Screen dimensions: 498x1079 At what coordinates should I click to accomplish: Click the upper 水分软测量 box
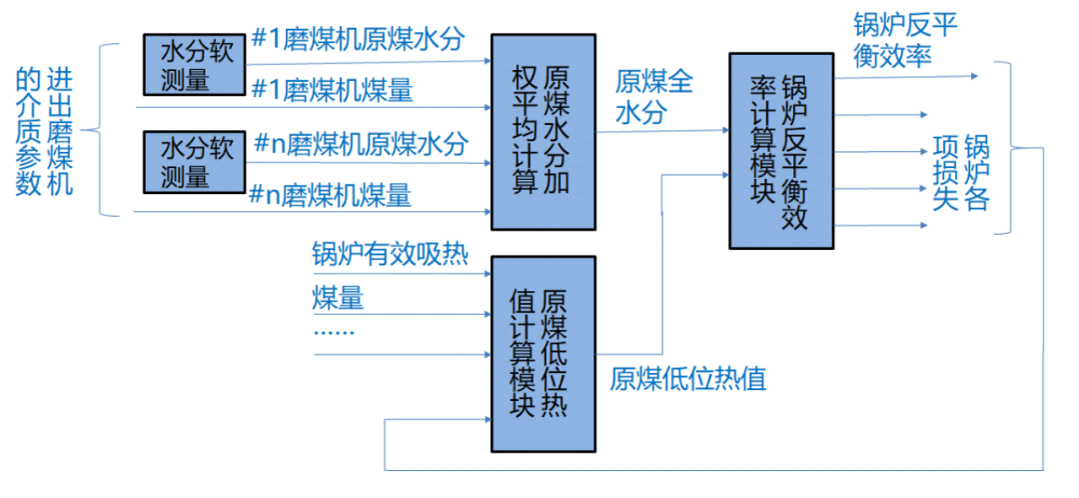[195, 65]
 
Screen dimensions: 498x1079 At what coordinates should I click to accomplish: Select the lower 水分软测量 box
[195, 162]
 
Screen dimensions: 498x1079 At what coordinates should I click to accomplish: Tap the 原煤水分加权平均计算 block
[541, 131]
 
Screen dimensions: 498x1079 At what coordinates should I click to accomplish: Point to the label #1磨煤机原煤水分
[359, 40]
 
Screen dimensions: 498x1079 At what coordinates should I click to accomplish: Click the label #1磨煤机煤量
[333, 90]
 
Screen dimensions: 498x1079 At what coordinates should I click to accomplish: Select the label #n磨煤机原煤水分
[361, 143]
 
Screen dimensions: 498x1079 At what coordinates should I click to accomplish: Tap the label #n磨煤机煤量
[333, 193]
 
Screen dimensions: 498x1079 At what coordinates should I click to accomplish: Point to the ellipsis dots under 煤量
[335, 329]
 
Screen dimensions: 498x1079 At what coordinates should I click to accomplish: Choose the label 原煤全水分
[654, 97]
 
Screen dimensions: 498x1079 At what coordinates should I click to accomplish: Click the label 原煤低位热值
[688, 379]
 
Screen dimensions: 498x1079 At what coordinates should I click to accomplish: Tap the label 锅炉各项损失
[960, 172]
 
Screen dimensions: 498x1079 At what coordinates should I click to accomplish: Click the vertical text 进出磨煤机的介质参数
[45, 130]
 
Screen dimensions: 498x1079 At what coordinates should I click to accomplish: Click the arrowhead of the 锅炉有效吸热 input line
[485, 272]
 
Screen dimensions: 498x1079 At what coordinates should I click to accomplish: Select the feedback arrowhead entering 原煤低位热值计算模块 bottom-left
[485, 421]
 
